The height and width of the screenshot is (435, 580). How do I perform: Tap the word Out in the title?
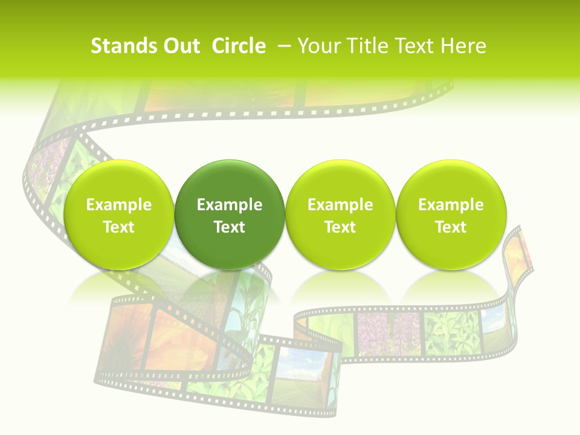point(179,46)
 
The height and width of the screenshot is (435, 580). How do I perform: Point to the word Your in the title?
point(320,46)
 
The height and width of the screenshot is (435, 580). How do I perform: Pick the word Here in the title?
point(462,46)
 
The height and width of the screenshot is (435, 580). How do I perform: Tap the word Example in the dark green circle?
point(230,205)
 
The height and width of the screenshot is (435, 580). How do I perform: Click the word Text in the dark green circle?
point(230,227)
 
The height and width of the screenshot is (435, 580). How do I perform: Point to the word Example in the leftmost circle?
point(118,205)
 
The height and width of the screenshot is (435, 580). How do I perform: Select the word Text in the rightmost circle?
point(451,227)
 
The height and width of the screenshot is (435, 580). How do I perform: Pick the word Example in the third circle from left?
point(340,205)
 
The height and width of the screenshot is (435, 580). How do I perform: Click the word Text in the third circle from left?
point(340,227)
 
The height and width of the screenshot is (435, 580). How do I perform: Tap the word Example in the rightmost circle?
point(451,205)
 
